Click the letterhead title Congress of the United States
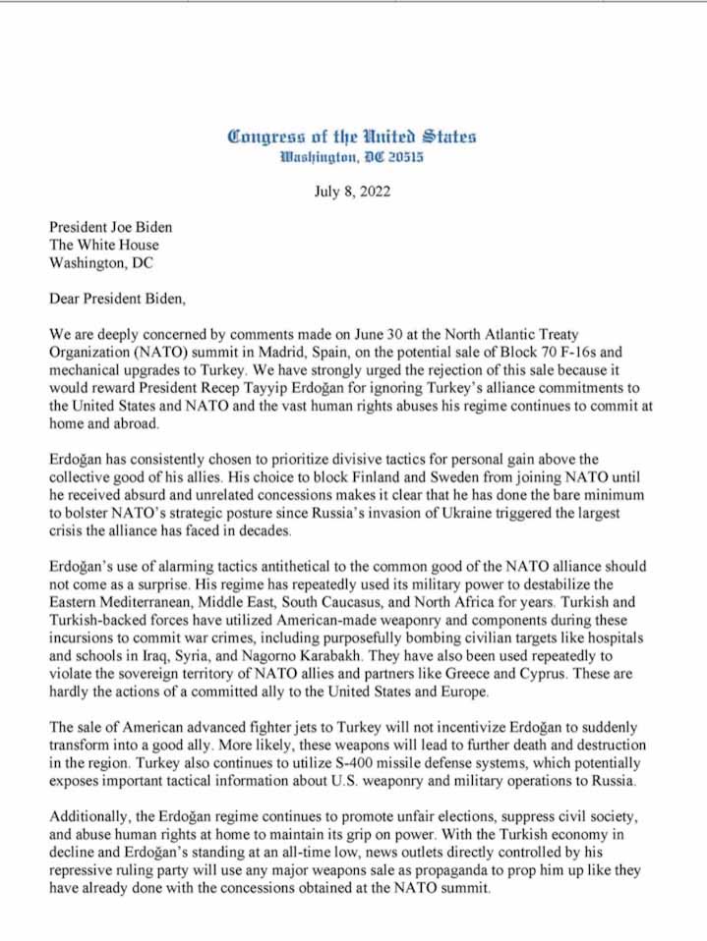352,137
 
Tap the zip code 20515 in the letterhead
402,157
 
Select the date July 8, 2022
352,192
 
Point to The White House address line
103,245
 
